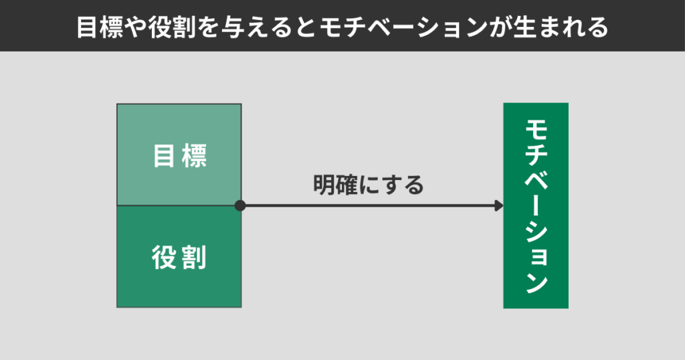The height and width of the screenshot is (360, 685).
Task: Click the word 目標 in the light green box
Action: [179, 156]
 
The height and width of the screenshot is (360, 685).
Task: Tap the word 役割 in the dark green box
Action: [179, 257]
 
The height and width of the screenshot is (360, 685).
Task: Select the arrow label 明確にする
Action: [369, 185]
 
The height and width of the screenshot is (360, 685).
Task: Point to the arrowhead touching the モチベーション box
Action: [498, 205]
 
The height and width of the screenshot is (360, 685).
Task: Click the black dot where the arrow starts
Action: [240, 205]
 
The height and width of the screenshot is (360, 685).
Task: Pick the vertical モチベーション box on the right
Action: [535, 205]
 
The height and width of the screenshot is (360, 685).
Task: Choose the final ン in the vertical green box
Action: [536, 282]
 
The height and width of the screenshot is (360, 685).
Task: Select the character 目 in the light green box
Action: [164, 156]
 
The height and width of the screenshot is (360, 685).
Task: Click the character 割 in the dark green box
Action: [195, 257]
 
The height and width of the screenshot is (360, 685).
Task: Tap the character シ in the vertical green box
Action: [536, 232]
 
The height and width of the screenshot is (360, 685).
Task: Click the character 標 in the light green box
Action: [195, 156]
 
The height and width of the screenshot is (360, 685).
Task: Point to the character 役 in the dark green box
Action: [164, 257]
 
